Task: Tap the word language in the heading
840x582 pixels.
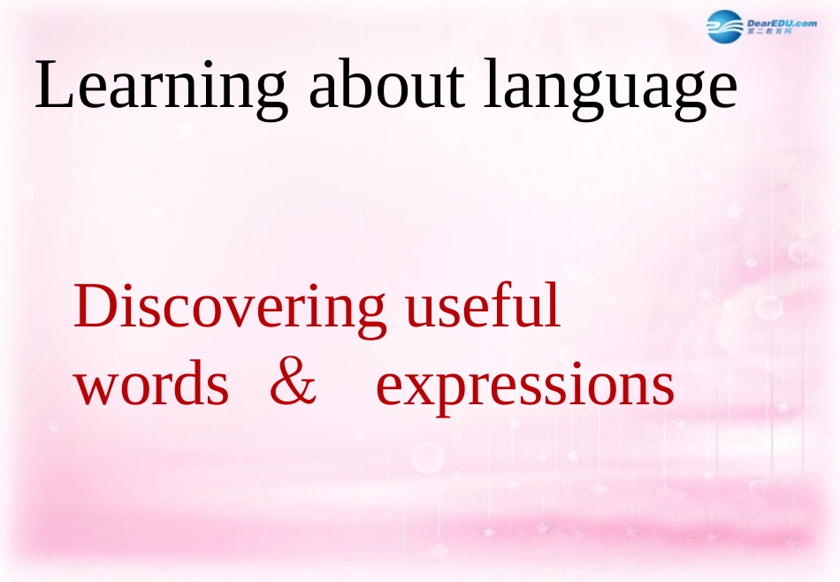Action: click(611, 88)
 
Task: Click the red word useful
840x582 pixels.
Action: click(482, 307)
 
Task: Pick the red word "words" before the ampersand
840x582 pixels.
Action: click(151, 387)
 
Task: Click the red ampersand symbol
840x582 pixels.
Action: click(293, 385)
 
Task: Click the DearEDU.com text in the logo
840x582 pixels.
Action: click(782, 22)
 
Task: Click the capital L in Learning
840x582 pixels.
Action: click(53, 86)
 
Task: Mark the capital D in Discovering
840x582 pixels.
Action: click(95, 307)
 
